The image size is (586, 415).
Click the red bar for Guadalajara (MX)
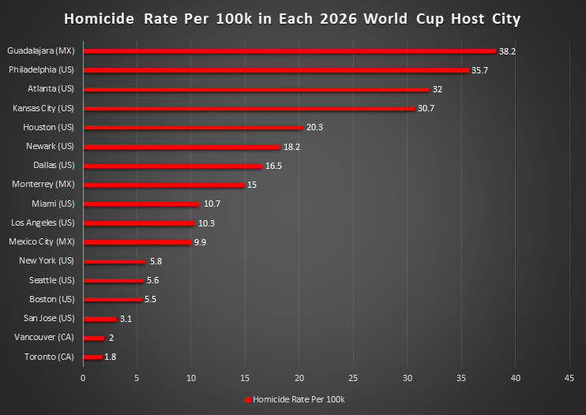click(289, 50)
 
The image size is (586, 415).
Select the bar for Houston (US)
click(193, 127)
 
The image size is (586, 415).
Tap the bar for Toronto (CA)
click(92, 357)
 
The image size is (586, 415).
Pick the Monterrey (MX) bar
click(163, 185)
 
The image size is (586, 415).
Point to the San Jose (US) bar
click(100, 319)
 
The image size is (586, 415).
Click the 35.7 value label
click(480, 70)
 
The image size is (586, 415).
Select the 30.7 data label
click(426, 108)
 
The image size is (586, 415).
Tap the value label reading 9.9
click(200, 242)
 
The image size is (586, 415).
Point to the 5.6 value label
click(153, 281)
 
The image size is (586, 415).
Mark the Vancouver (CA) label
click(44, 338)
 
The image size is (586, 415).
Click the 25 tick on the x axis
click(352, 378)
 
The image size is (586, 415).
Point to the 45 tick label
click(569, 378)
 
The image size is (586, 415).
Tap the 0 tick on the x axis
click(83, 378)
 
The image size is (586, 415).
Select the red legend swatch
click(247, 399)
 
